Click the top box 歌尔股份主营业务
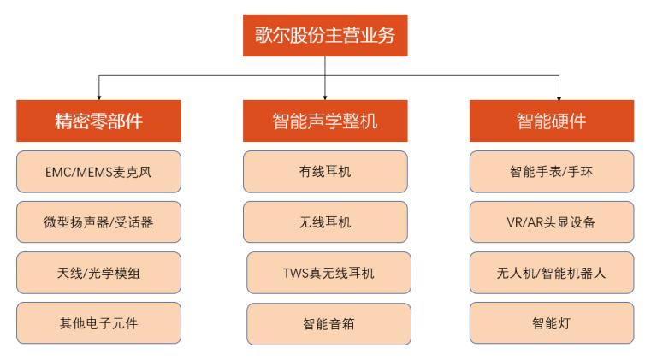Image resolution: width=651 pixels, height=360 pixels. click(325, 35)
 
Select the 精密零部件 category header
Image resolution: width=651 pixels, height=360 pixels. click(99, 121)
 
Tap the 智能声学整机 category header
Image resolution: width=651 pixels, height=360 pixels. click(325, 121)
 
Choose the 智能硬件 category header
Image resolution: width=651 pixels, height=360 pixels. click(552, 121)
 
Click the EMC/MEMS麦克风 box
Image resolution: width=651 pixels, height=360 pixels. click(99, 172)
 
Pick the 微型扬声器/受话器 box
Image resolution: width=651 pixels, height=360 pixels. click(99, 222)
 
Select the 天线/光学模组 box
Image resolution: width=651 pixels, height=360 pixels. click(99, 273)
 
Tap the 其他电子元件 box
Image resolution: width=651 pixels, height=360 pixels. click(99, 323)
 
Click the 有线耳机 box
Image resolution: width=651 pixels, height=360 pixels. click(325, 172)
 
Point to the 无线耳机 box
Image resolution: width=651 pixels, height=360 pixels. click(325, 222)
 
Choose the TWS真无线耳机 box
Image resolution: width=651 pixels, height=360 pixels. click(328, 273)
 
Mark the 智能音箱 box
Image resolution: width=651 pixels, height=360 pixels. click(328, 324)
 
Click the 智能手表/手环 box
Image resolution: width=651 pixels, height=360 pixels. click(552, 172)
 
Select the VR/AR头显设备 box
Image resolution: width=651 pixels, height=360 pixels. click(552, 222)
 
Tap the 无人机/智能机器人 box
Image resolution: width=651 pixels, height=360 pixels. click(552, 273)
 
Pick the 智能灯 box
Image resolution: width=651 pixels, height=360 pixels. click(552, 323)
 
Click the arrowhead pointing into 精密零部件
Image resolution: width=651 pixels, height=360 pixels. click(99, 97)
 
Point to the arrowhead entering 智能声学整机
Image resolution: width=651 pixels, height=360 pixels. click(325, 97)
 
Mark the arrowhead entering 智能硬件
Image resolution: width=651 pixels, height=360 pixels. click(559, 97)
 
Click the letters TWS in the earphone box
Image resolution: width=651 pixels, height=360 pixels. click(296, 273)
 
